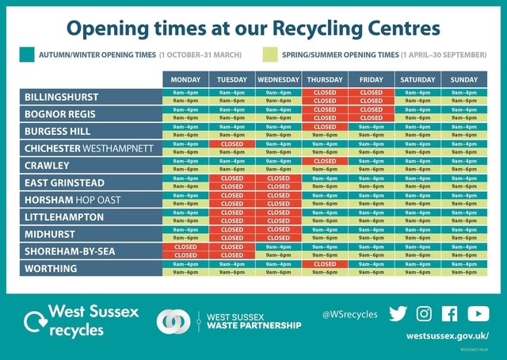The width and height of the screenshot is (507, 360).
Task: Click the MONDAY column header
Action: pos(185,80)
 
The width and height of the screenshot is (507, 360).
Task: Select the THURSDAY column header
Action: pos(325,80)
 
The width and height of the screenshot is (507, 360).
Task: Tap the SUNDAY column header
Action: pos(464,80)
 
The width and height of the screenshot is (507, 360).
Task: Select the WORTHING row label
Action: pos(51,269)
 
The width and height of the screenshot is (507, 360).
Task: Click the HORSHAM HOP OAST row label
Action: pos(73,200)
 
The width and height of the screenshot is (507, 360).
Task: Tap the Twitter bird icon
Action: pos(398,314)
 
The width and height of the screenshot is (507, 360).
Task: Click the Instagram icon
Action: pos(424,314)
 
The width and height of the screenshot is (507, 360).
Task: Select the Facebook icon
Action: pos(449,314)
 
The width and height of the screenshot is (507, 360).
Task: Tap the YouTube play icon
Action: pos(478,314)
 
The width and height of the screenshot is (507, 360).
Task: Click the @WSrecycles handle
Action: pos(349,315)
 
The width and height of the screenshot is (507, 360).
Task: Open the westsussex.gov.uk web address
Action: pos(447,335)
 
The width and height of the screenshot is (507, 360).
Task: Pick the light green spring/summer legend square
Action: pos(269,55)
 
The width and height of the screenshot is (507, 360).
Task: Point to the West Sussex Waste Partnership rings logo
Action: pos(174,320)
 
